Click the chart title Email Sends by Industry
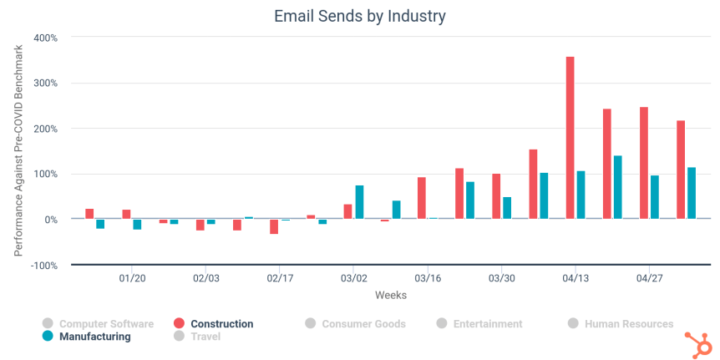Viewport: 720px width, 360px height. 359,16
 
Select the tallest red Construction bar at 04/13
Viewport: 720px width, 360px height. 570,138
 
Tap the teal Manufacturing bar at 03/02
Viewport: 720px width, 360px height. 359,202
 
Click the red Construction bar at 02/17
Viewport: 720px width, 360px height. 274,226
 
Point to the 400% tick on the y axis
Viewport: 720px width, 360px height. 45,38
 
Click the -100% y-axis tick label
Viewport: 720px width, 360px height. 43,265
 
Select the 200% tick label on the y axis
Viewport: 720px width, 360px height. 45,129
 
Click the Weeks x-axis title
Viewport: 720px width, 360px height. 391,295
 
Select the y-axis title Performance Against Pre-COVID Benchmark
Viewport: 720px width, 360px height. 18,151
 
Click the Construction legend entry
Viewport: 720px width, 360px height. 221,324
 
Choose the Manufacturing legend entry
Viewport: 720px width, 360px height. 94,337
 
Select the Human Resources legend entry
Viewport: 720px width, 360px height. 628,324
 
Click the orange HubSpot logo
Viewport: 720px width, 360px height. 696,343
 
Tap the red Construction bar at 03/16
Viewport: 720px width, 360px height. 422,198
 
